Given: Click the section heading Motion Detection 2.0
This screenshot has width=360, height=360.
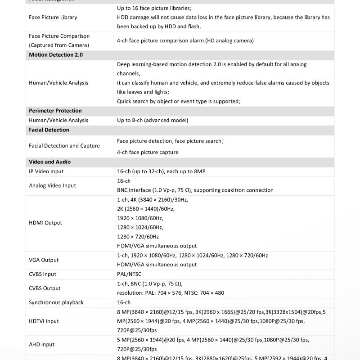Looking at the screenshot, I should pyautogui.click(x=56, y=55).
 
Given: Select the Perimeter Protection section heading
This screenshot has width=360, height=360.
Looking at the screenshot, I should pyautogui.click(x=55, y=111).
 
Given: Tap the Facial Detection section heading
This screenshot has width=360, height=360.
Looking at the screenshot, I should pyautogui.click(x=49, y=130).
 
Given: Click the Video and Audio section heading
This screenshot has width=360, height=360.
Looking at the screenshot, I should pyautogui.click(x=50, y=162).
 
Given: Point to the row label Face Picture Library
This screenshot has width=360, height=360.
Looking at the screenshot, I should pyautogui.click(x=53, y=18).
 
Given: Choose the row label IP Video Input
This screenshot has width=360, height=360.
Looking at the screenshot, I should pyautogui.click(x=46, y=171).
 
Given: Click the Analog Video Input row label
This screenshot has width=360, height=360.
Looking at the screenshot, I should pyautogui.click(x=53, y=185).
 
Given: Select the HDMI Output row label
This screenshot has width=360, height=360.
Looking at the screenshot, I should pyautogui.click(x=45, y=223).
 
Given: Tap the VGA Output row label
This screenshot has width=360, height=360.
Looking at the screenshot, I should pyautogui.click(x=44, y=260).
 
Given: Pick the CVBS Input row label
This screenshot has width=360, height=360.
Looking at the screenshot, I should pyautogui.click(x=43, y=274).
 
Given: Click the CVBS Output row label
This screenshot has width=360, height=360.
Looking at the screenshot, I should pyautogui.click(x=45, y=288).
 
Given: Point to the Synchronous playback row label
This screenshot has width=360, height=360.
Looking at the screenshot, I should pyautogui.click(x=56, y=302).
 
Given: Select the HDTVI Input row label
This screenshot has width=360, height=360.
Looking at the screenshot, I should pyautogui.click(x=44, y=321).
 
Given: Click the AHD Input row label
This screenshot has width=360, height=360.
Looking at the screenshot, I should pyautogui.click(x=42, y=345).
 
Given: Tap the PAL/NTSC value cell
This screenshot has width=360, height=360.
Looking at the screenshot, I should pyautogui.click(x=130, y=274).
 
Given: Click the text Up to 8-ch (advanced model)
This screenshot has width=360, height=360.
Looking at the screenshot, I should pyautogui.click(x=153, y=120).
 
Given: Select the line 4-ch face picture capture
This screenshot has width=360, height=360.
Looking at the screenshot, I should pyautogui.click(x=148, y=152).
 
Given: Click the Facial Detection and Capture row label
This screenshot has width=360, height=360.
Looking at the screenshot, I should pyautogui.click(x=64, y=146).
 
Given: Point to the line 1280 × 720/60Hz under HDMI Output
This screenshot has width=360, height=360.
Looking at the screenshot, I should pyautogui.click(x=138, y=237).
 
